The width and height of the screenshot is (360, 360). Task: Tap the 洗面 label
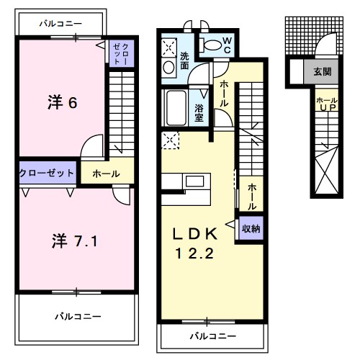pyautogui.click(x=185, y=60)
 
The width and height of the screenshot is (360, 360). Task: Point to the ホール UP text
pyautogui.click(x=326, y=104)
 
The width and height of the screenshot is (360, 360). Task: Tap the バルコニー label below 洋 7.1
pyautogui.click(x=76, y=316)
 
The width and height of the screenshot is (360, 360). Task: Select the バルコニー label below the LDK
pyautogui.click(x=213, y=336)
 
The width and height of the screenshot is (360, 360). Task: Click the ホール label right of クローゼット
pyautogui.click(x=106, y=174)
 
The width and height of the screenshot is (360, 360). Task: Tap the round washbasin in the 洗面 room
pyautogui.click(x=168, y=68)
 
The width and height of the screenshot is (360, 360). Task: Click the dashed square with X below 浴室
pyautogui.click(x=171, y=140)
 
